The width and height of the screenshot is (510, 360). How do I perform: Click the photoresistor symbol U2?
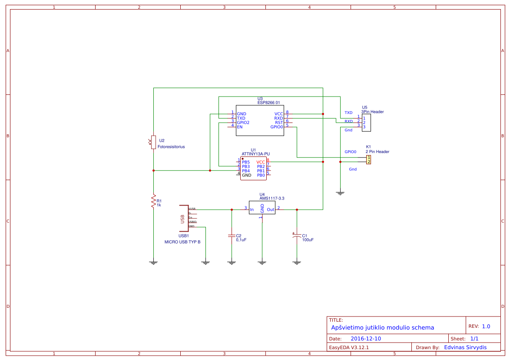[153, 142]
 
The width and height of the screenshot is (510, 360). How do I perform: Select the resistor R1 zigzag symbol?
[153, 202]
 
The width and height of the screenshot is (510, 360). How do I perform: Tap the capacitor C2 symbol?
[232, 236]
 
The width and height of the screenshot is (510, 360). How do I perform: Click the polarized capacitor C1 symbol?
[297, 236]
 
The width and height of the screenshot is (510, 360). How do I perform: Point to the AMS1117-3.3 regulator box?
[262, 210]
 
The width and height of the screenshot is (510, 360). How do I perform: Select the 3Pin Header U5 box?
[366, 123]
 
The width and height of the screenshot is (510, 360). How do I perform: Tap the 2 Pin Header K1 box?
[368, 160]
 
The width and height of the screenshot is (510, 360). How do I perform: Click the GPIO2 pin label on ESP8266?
[243, 123]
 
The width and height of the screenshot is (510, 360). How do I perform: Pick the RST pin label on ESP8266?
[279, 123]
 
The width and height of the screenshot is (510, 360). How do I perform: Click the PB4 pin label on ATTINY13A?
[246, 171]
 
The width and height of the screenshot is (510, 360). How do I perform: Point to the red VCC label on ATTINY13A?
[261, 162]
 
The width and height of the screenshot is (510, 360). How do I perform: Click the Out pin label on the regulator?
[271, 210]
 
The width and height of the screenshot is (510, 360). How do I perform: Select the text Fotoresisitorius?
[171, 147]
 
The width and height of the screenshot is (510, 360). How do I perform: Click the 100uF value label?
[308, 240]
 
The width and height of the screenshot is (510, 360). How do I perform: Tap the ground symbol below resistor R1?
[153, 262]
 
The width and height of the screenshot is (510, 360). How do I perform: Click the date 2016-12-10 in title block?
[365, 339]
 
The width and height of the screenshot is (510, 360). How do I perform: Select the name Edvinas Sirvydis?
[465, 347]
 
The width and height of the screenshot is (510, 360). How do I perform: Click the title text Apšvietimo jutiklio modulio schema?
[382, 327]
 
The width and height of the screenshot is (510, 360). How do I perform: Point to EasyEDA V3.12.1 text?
[349, 347]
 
